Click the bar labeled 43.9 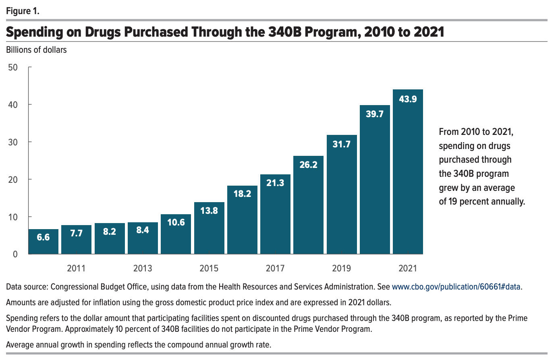pyautogui.click(x=408, y=173)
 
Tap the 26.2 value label pyautogui.click(x=308, y=165)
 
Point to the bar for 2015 pyautogui.click(x=209, y=230)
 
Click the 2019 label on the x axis pyautogui.click(x=341, y=268)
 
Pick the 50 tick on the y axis pyautogui.click(x=13, y=67)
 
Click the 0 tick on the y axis pyautogui.click(x=15, y=254)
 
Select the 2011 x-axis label pyautogui.click(x=76, y=268)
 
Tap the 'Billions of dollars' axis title pyautogui.click(x=36, y=50)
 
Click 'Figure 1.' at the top pyautogui.click(x=23, y=11)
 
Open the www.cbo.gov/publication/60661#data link pyautogui.click(x=456, y=287)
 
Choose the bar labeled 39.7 pyautogui.click(x=375, y=181)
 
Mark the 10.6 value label pyautogui.click(x=176, y=222)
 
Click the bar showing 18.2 pyautogui.click(x=242, y=221)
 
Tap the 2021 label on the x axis pyautogui.click(x=408, y=268)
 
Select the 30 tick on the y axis pyautogui.click(x=13, y=142)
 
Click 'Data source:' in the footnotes pyautogui.click(x=27, y=287)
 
